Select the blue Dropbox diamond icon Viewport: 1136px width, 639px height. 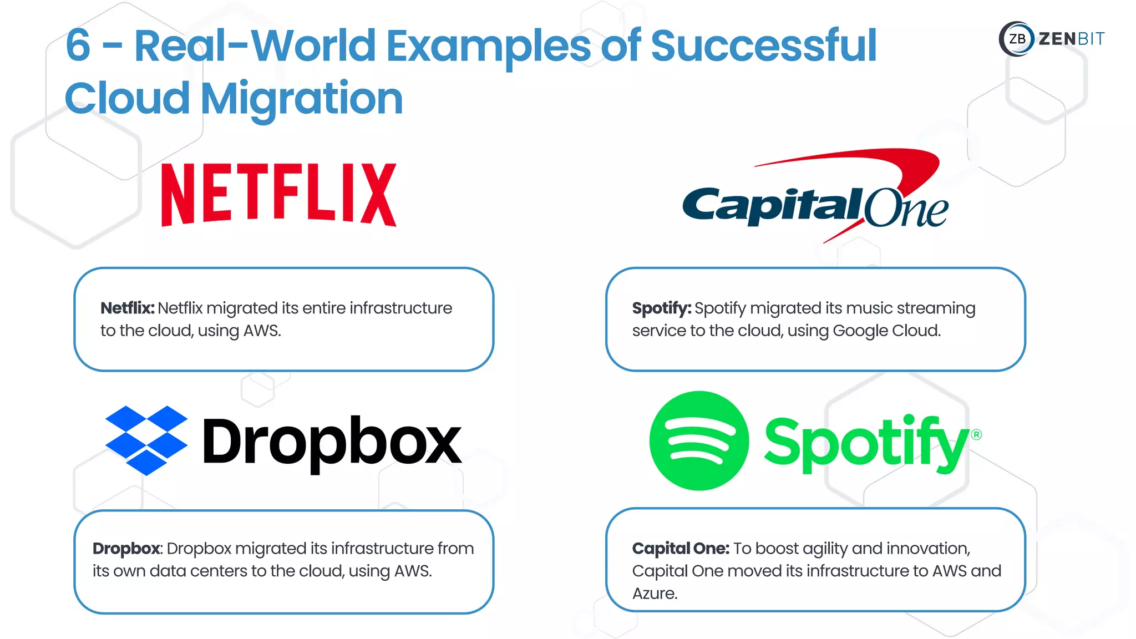[146, 440]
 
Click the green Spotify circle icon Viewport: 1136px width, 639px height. [699, 441]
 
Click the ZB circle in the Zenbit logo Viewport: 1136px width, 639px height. [1017, 39]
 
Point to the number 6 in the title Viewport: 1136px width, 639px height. [78, 45]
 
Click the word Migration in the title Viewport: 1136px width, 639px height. [302, 99]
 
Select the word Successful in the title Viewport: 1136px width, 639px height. [763, 45]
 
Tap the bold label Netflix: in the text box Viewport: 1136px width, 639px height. [127, 308]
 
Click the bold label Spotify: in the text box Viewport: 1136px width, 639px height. [661, 308]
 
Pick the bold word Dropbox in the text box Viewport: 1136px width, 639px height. [126, 549]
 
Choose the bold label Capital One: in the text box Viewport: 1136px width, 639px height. [680, 549]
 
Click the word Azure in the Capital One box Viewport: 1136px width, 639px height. [655, 594]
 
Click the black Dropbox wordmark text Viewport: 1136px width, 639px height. [332, 442]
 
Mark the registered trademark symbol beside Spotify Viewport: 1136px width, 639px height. [976, 434]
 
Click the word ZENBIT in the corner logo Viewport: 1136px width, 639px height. [1071, 39]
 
